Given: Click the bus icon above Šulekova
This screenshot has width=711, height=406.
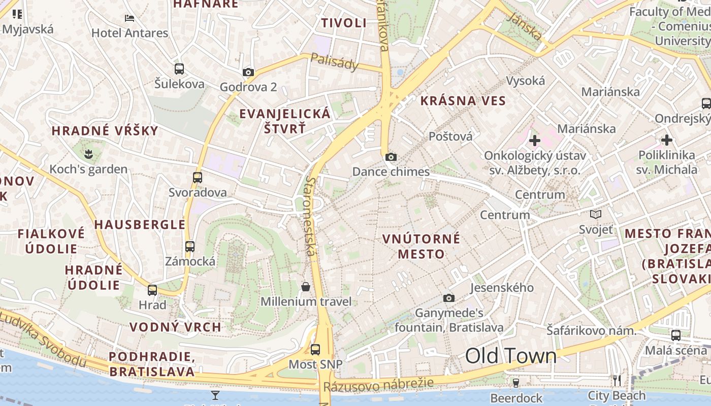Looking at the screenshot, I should (x=179, y=69).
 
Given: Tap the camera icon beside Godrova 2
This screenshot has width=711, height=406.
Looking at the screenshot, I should (x=248, y=73).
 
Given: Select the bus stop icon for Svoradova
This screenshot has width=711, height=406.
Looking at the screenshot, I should (x=198, y=178).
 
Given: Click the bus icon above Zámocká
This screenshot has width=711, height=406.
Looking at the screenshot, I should (x=190, y=247).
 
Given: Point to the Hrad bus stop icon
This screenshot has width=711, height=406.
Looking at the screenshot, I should (x=152, y=290).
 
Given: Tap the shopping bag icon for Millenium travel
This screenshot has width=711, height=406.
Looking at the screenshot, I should (x=306, y=287).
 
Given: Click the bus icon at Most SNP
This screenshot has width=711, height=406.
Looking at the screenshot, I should (x=315, y=350).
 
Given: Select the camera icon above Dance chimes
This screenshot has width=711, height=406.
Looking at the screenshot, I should (x=391, y=157).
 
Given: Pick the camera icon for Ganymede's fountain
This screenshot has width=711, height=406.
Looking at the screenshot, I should (x=449, y=298).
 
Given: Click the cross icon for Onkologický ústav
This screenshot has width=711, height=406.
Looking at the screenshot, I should (x=534, y=141).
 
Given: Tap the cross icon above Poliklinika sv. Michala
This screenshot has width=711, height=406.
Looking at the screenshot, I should (x=667, y=140).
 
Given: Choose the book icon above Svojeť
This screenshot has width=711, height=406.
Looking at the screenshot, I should (x=596, y=215).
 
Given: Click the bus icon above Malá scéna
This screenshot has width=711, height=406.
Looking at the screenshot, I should (x=676, y=335).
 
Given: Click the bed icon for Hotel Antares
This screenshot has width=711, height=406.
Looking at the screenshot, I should (x=130, y=18).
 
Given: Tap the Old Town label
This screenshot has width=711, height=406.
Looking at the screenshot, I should (x=511, y=356).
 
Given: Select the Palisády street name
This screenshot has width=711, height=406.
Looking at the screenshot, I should (x=335, y=62).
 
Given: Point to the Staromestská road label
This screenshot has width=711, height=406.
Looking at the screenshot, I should (x=311, y=216).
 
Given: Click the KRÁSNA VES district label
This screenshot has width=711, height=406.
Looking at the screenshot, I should (x=463, y=100).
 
